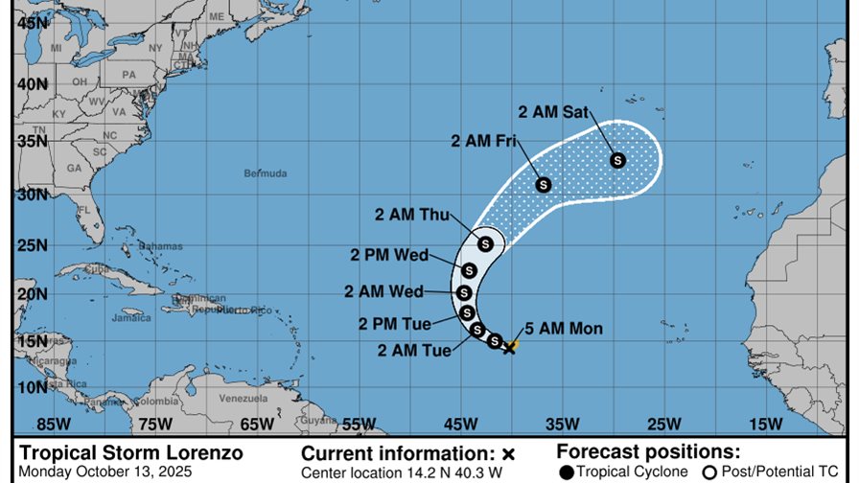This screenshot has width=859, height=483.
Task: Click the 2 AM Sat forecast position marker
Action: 617,160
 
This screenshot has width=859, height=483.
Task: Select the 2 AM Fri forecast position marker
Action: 543,184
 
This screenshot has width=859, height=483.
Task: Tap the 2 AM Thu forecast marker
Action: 485,244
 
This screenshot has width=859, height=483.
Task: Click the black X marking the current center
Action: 509,347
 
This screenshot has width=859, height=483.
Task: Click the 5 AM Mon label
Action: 564,329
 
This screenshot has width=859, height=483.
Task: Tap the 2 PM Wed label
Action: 390,255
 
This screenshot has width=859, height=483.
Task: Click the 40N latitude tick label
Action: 35,84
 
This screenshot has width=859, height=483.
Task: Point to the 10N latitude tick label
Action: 35,387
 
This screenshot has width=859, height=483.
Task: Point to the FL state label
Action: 84,210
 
